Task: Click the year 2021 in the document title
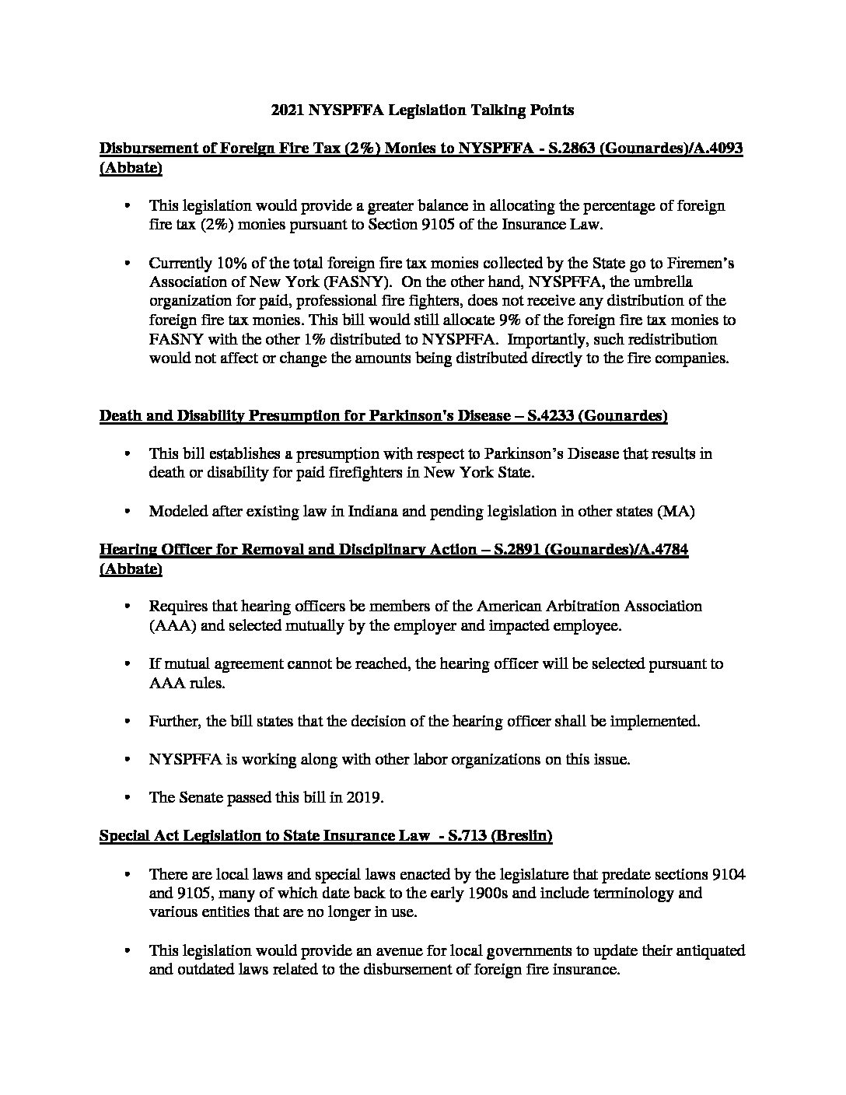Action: (287, 110)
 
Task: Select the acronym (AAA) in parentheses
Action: (170, 624)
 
